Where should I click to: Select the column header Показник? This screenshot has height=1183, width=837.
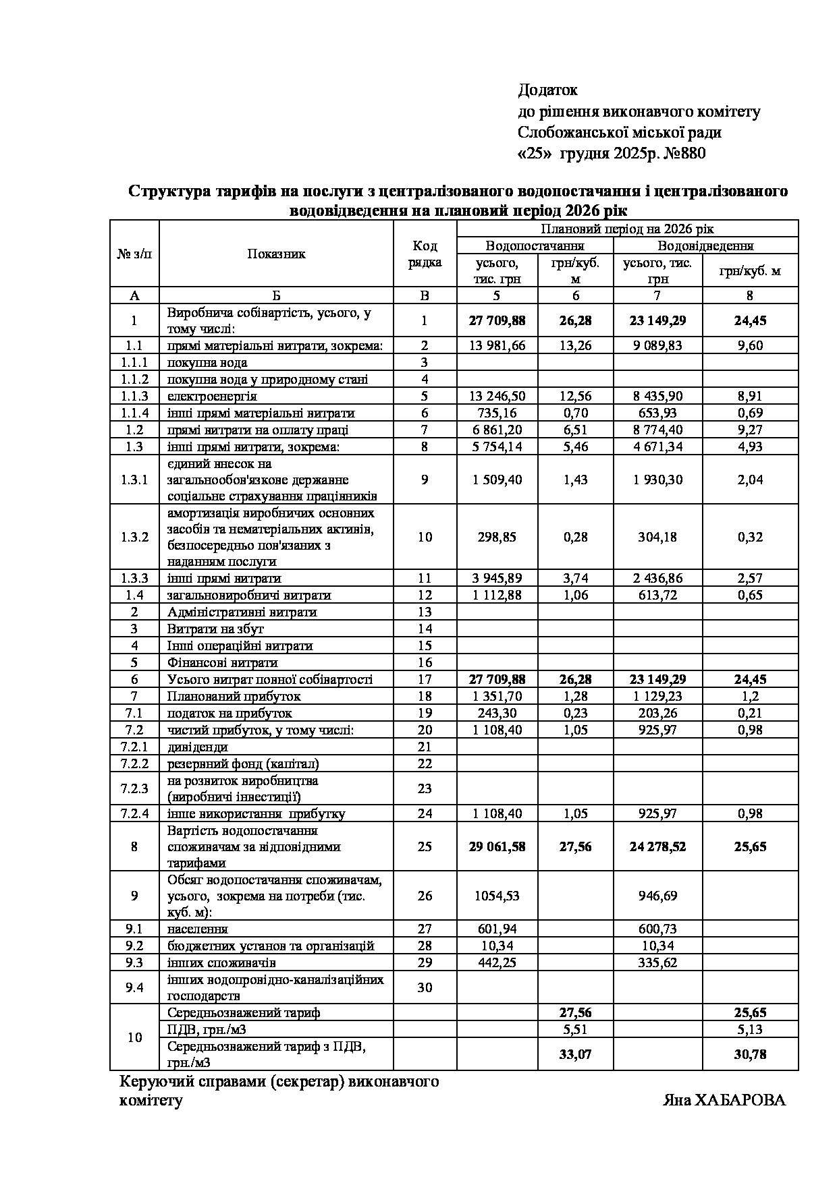(x=276, y=254)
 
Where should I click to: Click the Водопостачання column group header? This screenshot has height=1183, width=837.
(x=535, y=246)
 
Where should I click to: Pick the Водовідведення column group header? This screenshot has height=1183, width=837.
(x=705, y=246)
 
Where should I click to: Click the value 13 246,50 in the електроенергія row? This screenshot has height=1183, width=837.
(x=497, y=396)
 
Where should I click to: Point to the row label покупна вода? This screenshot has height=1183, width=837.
(x=202, y=362)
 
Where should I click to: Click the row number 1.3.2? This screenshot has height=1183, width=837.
(x=134, y=538)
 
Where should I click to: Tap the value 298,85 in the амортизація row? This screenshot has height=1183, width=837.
(x=497, y=538)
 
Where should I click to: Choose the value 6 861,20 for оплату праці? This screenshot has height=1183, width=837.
(x=497, y=430)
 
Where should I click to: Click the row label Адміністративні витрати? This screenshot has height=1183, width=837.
(x=242, y=612)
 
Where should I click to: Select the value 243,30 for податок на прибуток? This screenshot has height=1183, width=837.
(x=497, y=713)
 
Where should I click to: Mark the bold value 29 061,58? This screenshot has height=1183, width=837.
(x=497, y=846)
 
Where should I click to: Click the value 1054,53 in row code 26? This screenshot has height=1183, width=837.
(x=497, y=896)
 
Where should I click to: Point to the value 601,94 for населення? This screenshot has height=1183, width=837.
(x=497, y=929)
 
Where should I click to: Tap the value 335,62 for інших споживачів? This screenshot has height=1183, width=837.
(x=657, y=962)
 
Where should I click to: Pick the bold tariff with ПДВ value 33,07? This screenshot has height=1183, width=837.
(x=575, y=1054)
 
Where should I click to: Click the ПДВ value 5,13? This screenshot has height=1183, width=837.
(x=750, y=1029)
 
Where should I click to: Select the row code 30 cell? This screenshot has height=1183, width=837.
(x=425, y=987)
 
